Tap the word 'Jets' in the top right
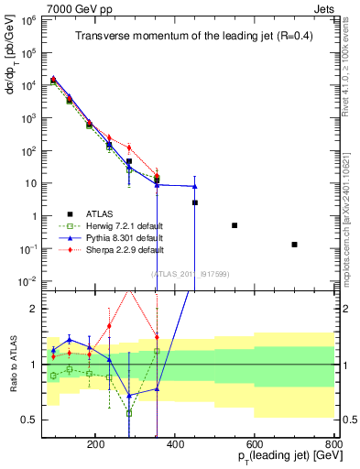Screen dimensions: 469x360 coord(326,7)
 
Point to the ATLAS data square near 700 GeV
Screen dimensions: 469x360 coord(294,245)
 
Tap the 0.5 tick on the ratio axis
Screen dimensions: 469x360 coord(35,420)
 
